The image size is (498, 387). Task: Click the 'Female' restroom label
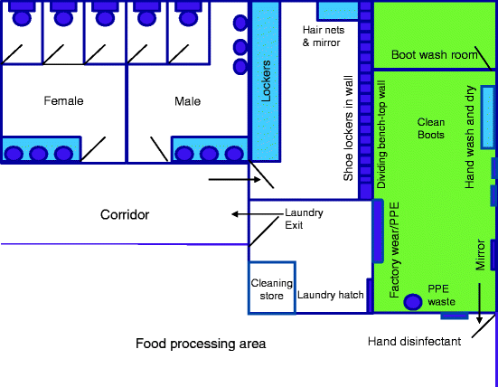[x=63, y=101]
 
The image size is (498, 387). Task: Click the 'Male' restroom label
[x=187, y=101]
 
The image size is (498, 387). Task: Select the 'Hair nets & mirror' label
[x=322, y=36]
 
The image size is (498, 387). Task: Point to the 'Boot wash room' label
[x=433, y=56]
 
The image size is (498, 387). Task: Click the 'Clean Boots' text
[x=430, y=127]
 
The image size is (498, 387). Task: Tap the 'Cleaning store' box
[x=272, y=288]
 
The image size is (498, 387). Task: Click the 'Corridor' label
[x=125, y=214]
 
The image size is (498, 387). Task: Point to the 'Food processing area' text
[x=201, y=344]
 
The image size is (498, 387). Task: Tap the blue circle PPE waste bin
[x=414, y=302]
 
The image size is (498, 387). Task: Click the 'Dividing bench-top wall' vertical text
[x=381, y=136]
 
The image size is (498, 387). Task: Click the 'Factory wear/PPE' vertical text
[x=394, y=258]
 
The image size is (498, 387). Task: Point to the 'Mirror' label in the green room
[x=480, y=254]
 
